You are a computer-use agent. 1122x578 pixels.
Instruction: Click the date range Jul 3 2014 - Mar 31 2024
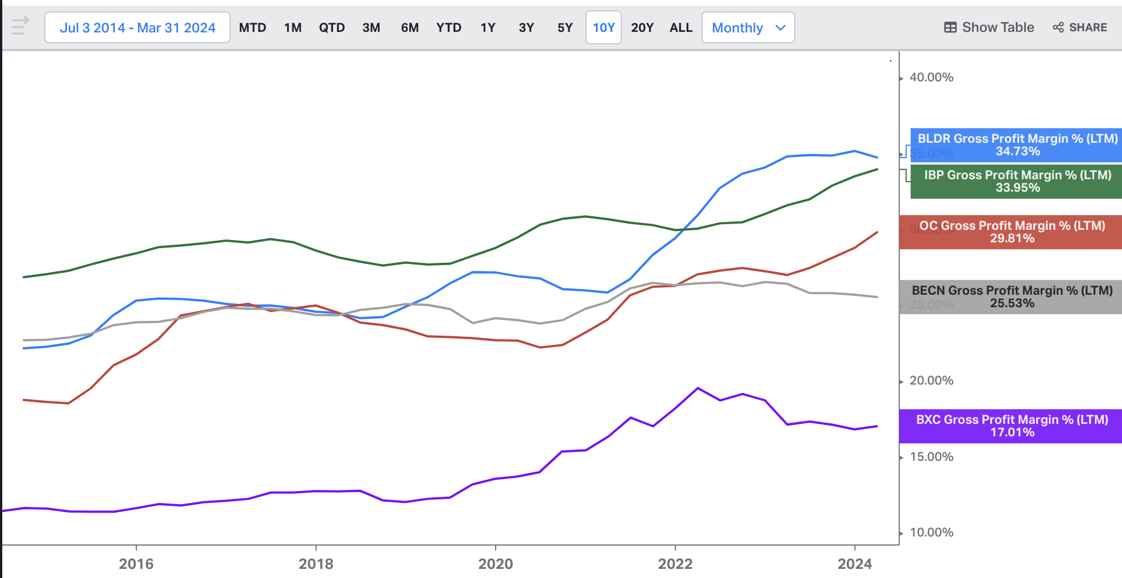(x=138, y=28)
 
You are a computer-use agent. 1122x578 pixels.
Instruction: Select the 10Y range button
(x=603, y=28)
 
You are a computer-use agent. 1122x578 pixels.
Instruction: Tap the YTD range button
(x=448, y=28)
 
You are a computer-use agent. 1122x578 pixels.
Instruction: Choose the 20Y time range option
(x=642, y=28)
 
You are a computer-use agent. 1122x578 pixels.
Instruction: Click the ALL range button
(x=681, y=28)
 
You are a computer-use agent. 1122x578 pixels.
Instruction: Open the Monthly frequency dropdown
(x=748, y=28)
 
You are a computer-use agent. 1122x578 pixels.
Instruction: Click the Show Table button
(x=989, y=27)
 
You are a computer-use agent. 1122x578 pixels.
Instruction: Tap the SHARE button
(x=1080, y=27)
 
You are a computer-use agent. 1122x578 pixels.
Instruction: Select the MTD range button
(x=252, y=28)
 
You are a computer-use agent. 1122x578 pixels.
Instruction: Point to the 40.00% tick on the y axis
(x=931, y=77)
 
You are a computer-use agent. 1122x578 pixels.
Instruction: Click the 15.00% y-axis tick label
(x=931, y=457)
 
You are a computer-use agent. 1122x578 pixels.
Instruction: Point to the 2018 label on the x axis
(x=316, y=564)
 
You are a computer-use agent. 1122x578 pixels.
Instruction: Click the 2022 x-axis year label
(x=675, y=564)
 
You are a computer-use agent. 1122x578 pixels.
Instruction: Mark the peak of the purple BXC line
(x=697, y=388)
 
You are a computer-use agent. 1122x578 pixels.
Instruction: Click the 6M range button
(x=410, y=28)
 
